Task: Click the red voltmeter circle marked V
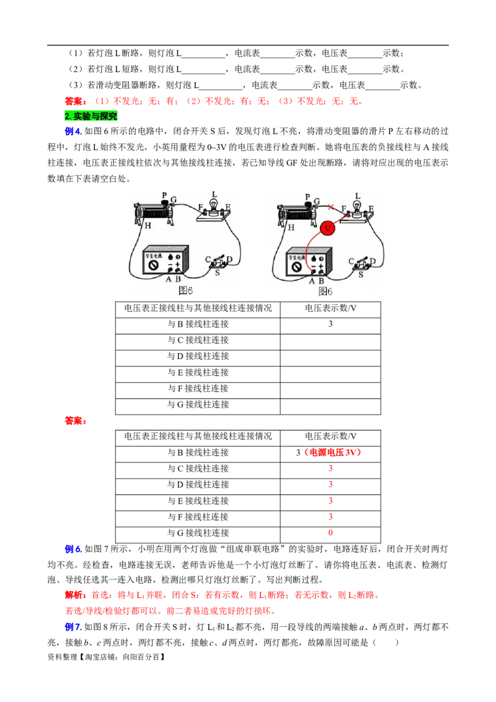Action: pos(328,228)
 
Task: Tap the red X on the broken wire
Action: pos(331,207)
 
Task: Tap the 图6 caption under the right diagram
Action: pos(325,291)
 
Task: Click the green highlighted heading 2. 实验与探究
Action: pos(91,117)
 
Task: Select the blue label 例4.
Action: pos(73,131)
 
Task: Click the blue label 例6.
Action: pos(73,549)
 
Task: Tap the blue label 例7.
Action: pos(73,627)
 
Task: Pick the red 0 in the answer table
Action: pos(330,533)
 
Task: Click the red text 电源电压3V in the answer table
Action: pos(332,453)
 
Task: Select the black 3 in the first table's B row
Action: pos(330,324)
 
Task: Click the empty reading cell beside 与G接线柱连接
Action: pos(330,405)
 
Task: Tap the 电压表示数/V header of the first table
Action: pos(330,308)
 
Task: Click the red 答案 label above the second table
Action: pos(76,421)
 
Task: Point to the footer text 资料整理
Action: pos(63,657)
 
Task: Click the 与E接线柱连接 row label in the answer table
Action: pos(198,501)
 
